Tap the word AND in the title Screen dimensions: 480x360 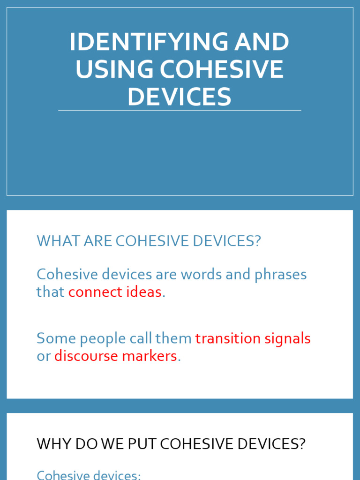tap(262, 43)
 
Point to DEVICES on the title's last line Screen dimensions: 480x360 tap(180, 97)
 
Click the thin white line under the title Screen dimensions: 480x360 tap(180, 111)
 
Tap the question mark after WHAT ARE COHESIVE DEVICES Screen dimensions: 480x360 tap(256, 241)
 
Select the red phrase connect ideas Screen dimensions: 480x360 tap(115, 292)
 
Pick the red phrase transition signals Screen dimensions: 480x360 tap(253, 338)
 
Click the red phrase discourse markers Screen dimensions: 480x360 tap(115, 356)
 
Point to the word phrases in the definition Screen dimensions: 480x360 tap(280, 275)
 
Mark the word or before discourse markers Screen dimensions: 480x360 tap(44, 356)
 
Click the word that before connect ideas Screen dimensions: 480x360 tap(51, 292)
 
